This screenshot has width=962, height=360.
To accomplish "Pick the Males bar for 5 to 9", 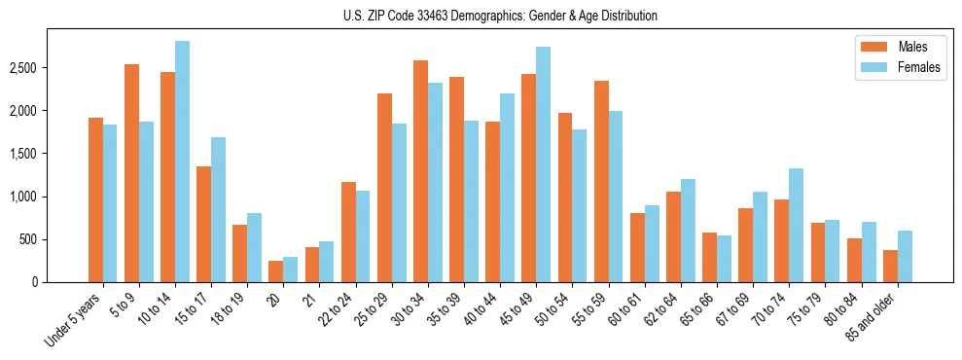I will pyautogui.click(x=131, y=173).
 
